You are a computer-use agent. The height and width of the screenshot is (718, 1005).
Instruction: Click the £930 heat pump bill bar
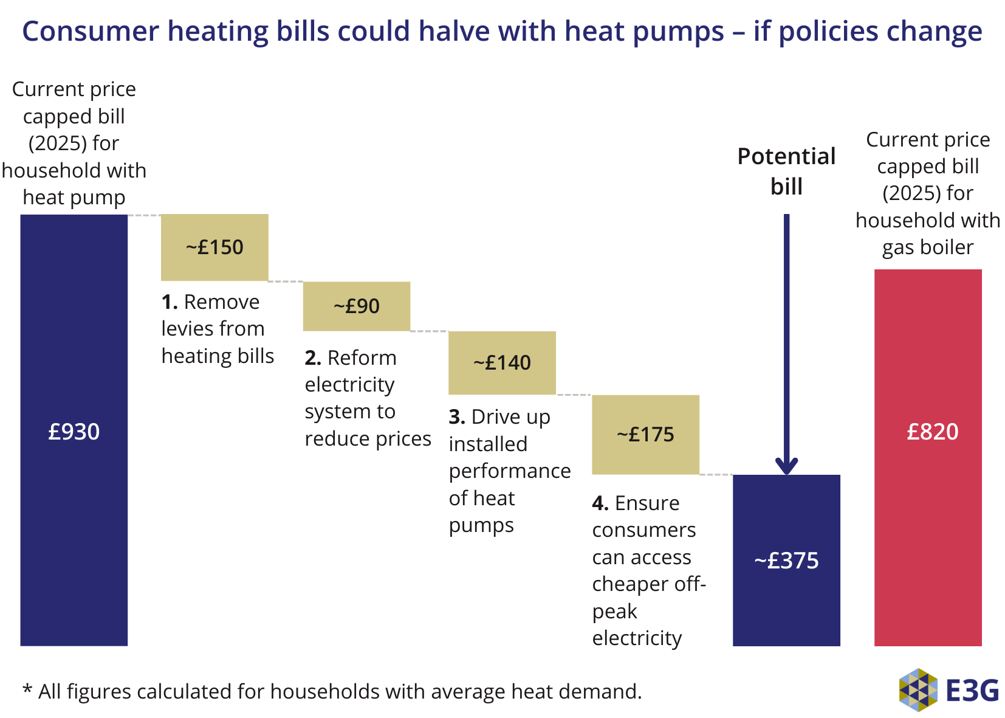click(74, 430)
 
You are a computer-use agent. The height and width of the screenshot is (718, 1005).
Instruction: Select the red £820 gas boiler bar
click(927, 457)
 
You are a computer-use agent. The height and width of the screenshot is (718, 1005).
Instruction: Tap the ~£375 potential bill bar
click(786, 560)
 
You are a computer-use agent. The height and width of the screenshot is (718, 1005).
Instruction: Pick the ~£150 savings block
click(214, 247)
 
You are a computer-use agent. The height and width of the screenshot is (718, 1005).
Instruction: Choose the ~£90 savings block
click(356, 306)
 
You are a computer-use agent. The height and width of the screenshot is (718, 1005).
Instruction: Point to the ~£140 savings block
click(502, 362)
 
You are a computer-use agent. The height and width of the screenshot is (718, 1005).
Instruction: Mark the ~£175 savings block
click(645, 434)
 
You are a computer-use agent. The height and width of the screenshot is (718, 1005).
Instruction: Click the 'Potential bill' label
click(786, 171)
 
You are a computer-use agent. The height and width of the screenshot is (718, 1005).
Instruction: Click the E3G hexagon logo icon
click(918, 689)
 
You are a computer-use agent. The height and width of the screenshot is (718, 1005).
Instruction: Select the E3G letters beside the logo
click(972, 690)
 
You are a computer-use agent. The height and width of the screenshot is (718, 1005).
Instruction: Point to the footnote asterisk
click(27, 690)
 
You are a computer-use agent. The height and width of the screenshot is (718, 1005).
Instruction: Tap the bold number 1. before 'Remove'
click(169, 302)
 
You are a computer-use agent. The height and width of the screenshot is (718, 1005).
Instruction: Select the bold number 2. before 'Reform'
click(312, 358)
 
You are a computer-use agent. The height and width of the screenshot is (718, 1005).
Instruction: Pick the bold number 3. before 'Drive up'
click(457, 417)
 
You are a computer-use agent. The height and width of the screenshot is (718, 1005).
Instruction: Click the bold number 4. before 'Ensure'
click(600, 503)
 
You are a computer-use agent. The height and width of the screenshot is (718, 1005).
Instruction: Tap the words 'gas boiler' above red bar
click(927, 247)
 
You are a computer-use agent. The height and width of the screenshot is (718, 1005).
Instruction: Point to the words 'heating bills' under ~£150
click(218, 356)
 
